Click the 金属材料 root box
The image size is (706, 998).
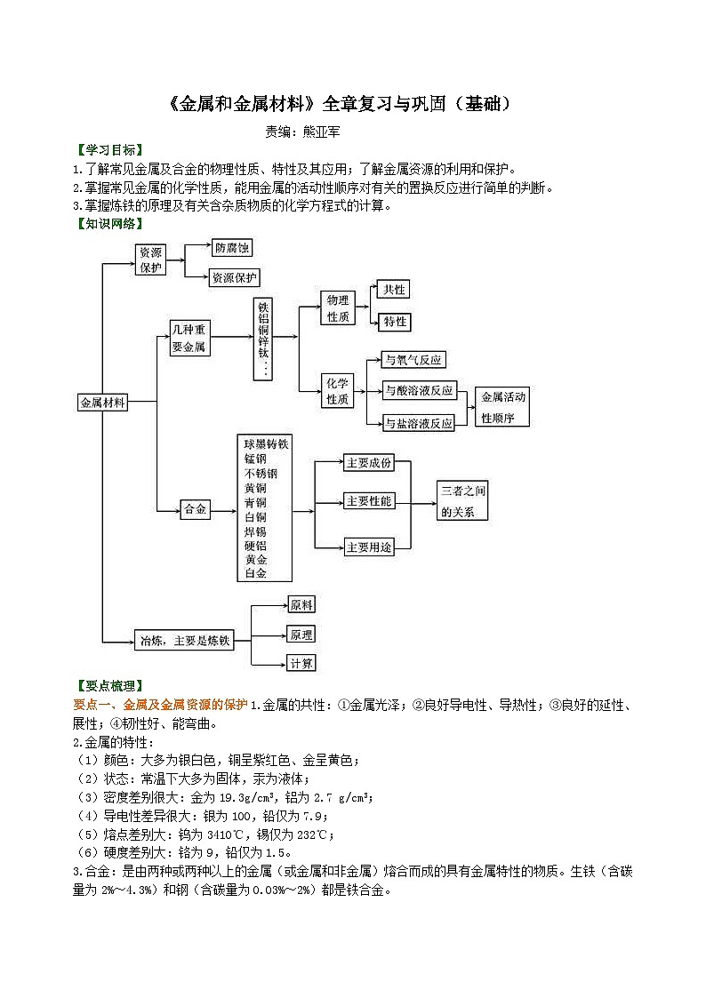pyautogui.click(x=102, y=402)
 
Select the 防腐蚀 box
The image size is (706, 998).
pyautogui.click(x=231, y=249)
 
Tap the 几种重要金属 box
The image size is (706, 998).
pyautogui.click(x=189, y=339)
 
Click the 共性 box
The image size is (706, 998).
pyautogui.click(x=392, y=290)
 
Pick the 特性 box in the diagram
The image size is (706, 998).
pyautogui.click(x=392, y=322)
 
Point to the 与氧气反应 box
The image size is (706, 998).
pyautogui.click(x=413, y=360)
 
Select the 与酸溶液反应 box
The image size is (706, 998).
pyautogui.click(x=418, y=390)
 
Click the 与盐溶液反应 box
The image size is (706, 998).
pyautogui.click(x=418, y=423)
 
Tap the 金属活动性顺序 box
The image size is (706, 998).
pyautogui.click(x=502, y=407)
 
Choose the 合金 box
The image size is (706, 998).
pyautogui.click(x=195, y=509)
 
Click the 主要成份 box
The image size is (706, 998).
pyautogui.click(x=368, y=463)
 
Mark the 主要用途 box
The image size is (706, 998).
pyautogui.click(x=368, y=547)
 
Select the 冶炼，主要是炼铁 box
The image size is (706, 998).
pyautogui.click(x=184, y=640)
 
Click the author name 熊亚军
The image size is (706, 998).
pyautogui.click(x=323, y=132)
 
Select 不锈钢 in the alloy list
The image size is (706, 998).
pyautogui.click(x=262, y=473)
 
